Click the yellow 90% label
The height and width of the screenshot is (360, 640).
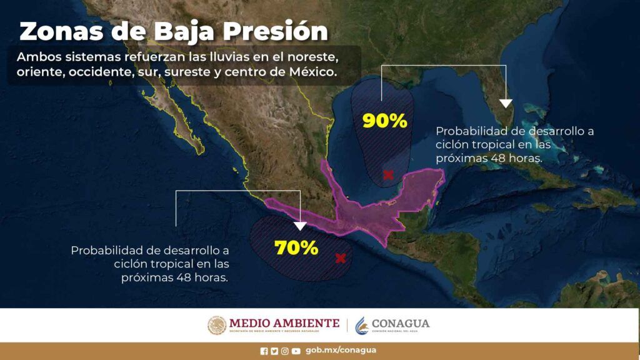384,121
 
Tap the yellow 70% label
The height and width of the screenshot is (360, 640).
296,247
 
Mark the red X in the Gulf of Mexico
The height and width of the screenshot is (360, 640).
388,175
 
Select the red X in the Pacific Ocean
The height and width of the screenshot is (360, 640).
341,258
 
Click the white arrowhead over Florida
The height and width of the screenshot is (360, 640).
506,104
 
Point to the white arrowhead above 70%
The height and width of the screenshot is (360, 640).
300,226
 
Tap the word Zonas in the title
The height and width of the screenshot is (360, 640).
61,32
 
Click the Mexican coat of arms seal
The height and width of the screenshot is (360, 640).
217,326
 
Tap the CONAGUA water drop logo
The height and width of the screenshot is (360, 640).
361,326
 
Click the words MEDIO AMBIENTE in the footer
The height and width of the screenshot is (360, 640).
284,323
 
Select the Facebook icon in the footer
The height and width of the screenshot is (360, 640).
264,351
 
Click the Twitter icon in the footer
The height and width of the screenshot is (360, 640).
274,351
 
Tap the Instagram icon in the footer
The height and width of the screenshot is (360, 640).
284,351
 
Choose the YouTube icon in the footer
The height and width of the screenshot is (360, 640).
296,351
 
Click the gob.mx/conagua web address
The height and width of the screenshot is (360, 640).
341,350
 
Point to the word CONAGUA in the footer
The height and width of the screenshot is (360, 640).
401,324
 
